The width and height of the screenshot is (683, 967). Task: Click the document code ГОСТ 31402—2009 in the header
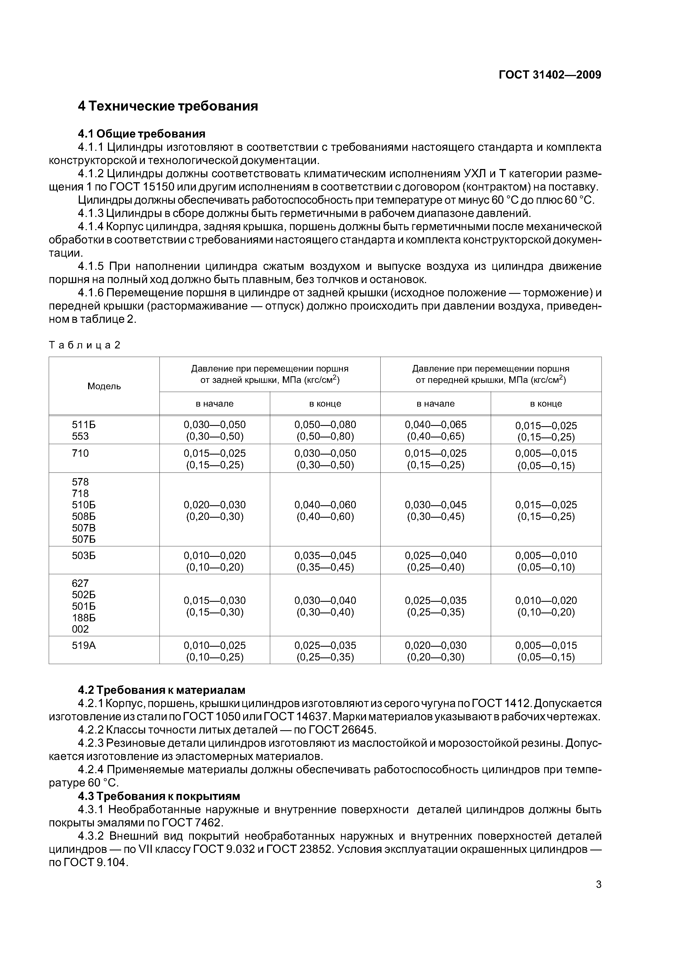pos(550,75)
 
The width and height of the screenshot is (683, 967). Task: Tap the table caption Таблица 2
pos(85,345)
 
